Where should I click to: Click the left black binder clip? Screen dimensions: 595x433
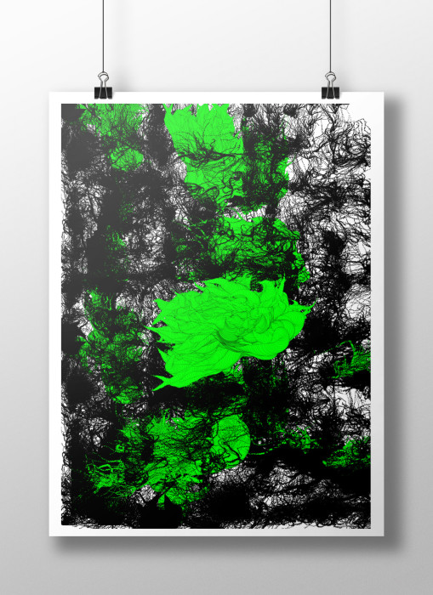pyautogui.click(x=104, y=89)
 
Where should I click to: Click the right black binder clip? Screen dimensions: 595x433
pyautogui.click(x=330, y=89)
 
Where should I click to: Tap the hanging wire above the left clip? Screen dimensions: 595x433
pyautogui.click(x=104, y=34)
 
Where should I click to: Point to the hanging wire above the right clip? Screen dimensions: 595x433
pyautogui.click(x=330, y=34)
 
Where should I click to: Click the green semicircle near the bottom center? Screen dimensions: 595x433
pyautogui.click(x=231, y=438)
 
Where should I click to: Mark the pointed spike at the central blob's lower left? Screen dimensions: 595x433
pyautogui.click(x=162, y=382)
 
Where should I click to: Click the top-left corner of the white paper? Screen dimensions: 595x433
pyautogui.click(x=50, y=93)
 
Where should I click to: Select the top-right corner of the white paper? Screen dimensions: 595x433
pyautogui.click(x=384, y=93)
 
